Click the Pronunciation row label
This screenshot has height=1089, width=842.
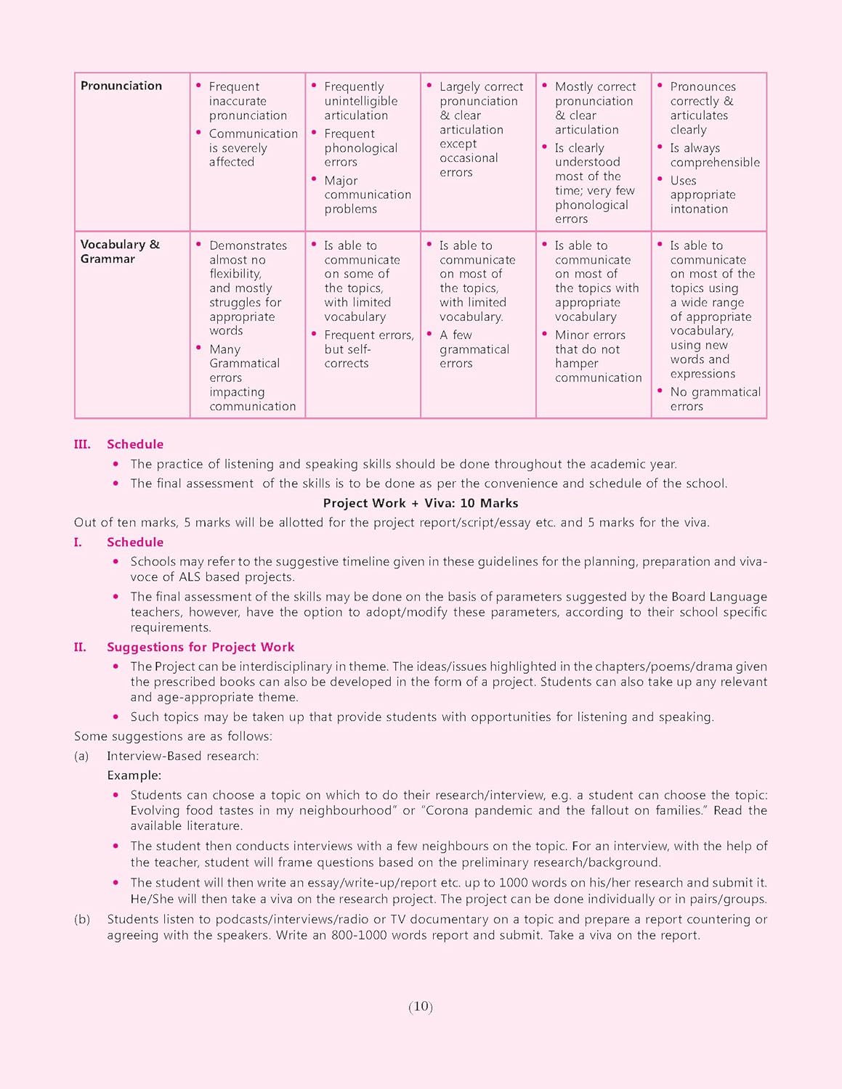point(121,86)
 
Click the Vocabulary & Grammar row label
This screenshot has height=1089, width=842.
point(119,251)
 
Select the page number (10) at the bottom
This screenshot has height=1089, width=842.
point(421,1006)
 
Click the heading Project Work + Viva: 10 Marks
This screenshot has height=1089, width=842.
point(421,503)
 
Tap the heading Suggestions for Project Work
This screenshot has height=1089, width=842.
point(201,647)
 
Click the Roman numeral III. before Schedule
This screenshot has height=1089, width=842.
point(82,444)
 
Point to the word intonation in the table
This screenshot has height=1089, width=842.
point(699,209)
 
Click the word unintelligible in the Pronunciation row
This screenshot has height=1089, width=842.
point(361,101)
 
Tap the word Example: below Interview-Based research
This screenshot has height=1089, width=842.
point(134,775)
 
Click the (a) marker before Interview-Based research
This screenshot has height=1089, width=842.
point(81,756)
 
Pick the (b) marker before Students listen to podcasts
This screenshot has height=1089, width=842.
point(82,919)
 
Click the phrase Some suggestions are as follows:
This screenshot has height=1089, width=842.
point(173,736)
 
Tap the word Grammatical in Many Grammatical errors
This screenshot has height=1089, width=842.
point(244,363)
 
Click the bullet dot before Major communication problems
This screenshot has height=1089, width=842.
point(314,179)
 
